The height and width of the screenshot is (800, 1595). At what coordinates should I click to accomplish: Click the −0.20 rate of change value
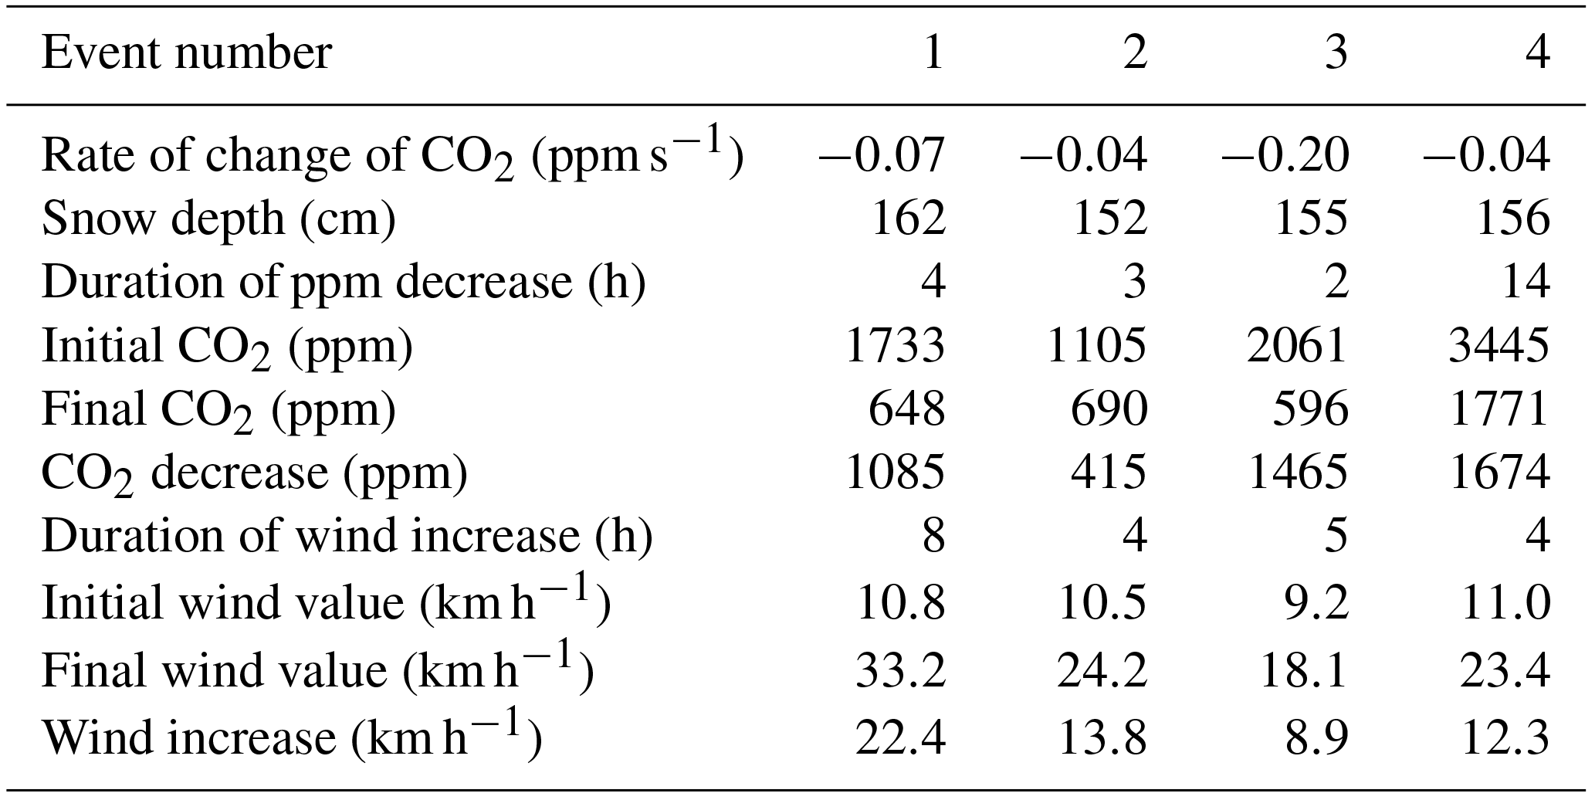(1285, 154)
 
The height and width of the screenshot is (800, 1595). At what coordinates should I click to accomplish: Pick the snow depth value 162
(908, 218)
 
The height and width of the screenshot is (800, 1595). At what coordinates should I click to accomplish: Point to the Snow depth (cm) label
(218, 219)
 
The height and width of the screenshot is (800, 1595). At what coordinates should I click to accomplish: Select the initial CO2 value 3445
(1498, 345)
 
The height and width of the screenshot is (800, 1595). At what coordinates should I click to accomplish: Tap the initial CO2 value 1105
(1096, 345)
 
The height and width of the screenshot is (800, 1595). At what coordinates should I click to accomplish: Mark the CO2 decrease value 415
(1109, 472)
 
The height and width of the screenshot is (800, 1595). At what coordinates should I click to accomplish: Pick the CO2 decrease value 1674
(1498, 472)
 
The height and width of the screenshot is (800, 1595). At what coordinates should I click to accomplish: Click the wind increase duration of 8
(933, 535)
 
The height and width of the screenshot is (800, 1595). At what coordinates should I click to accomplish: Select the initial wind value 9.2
(1317, 602)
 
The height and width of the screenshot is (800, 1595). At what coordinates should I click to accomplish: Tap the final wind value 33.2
(900, 669)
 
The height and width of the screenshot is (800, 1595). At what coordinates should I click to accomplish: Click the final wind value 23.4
(1505, 669)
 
